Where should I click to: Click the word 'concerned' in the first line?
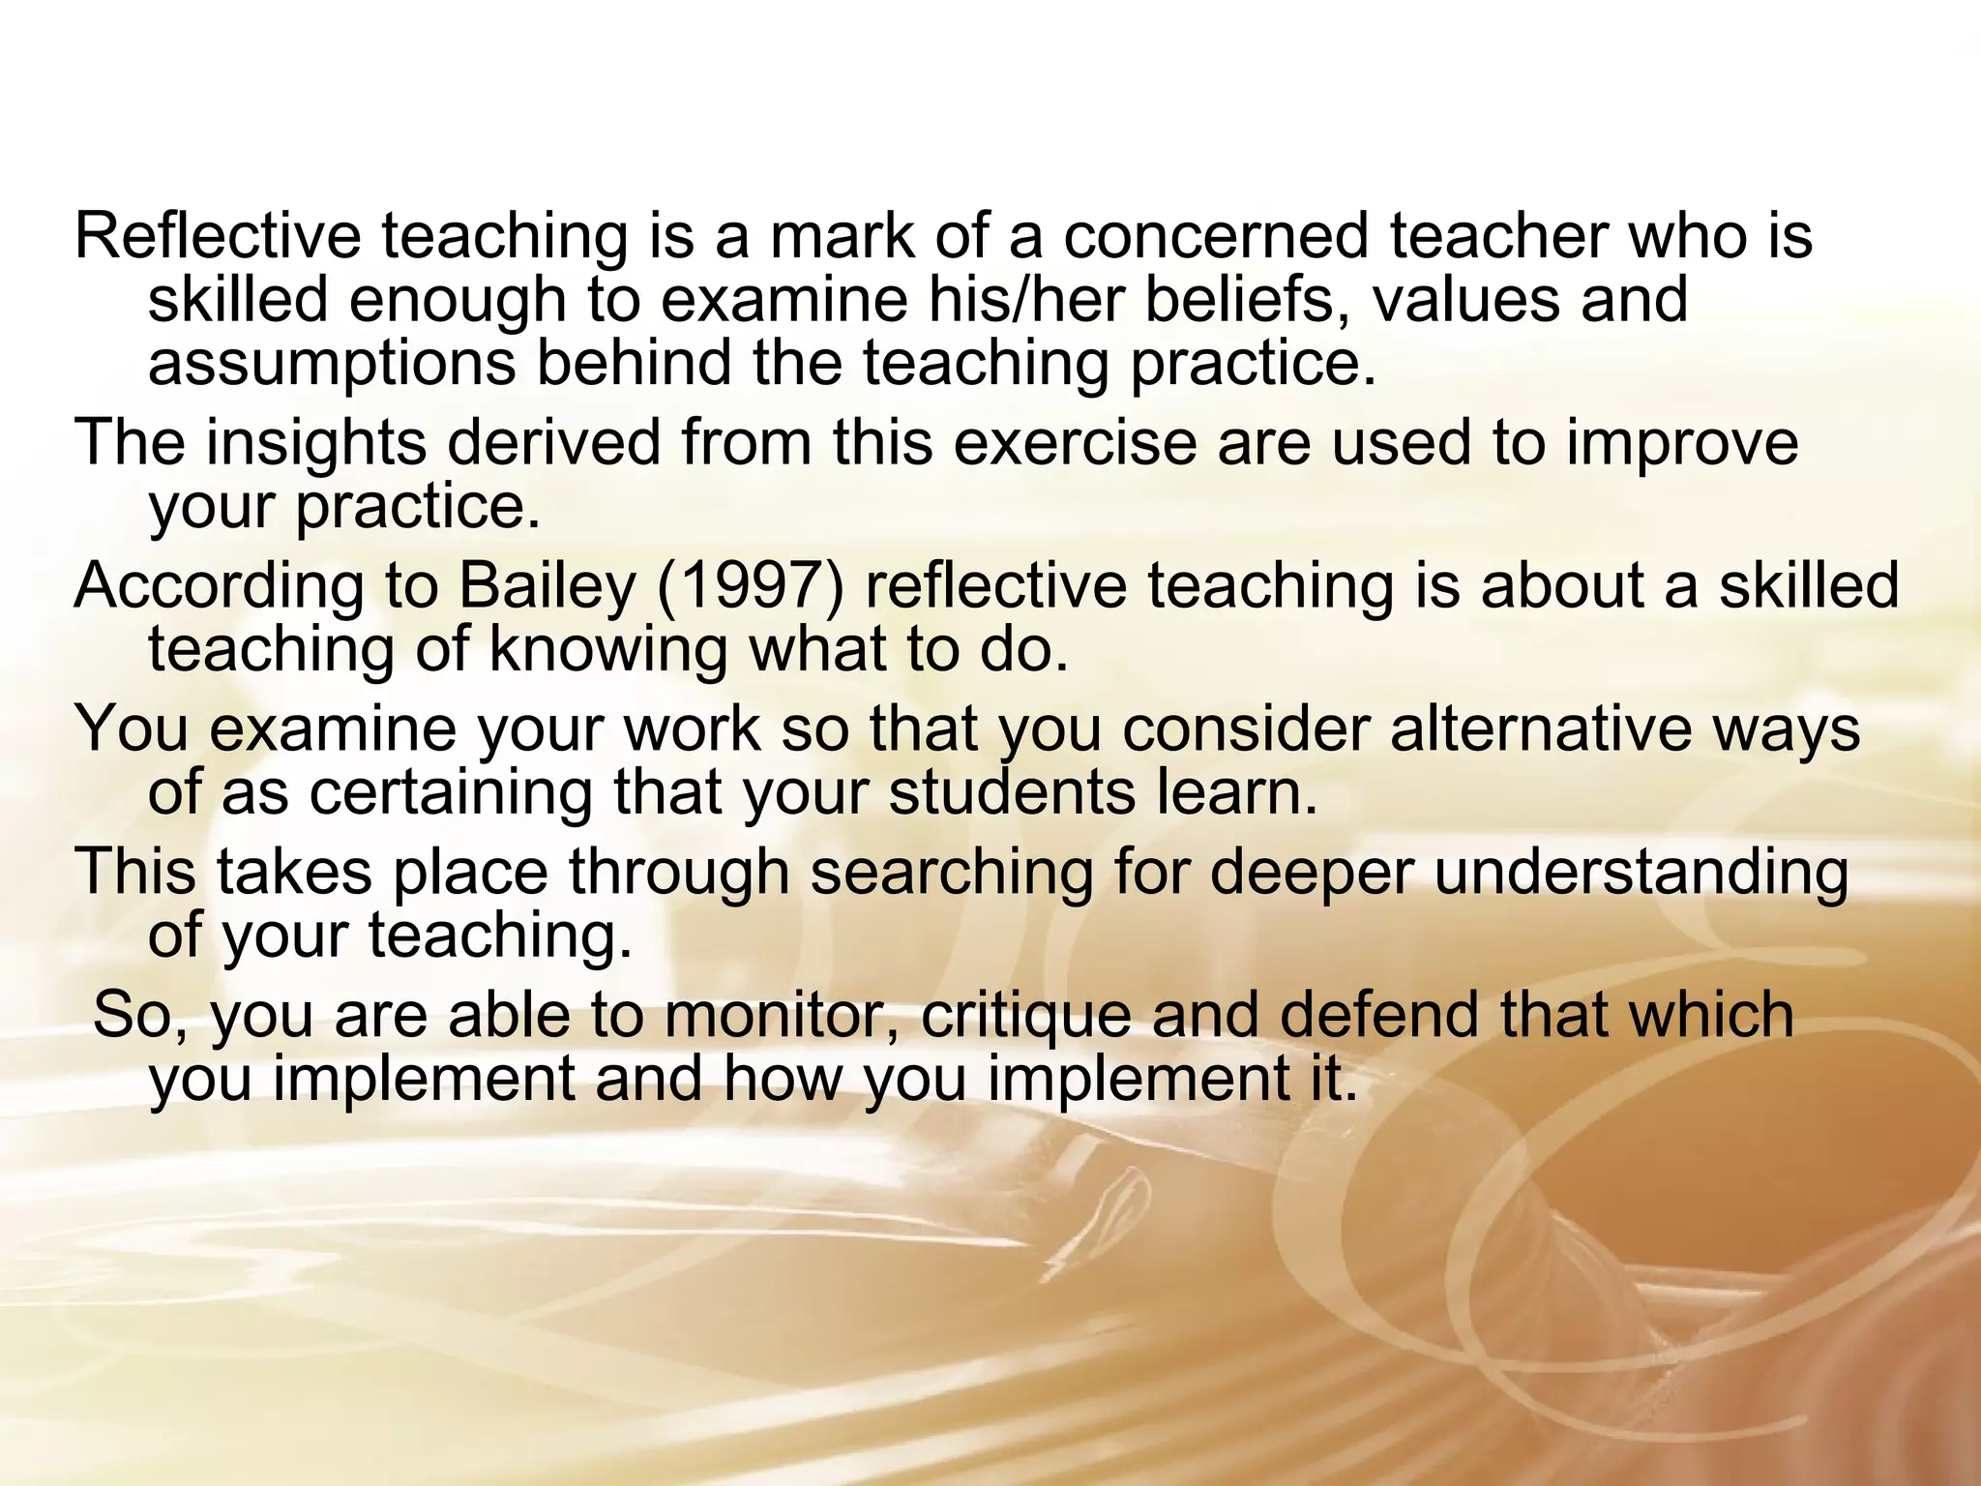[x=1216, y=236]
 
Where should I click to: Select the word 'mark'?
[x=842, y=236]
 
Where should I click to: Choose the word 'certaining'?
[x=452, y=793]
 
